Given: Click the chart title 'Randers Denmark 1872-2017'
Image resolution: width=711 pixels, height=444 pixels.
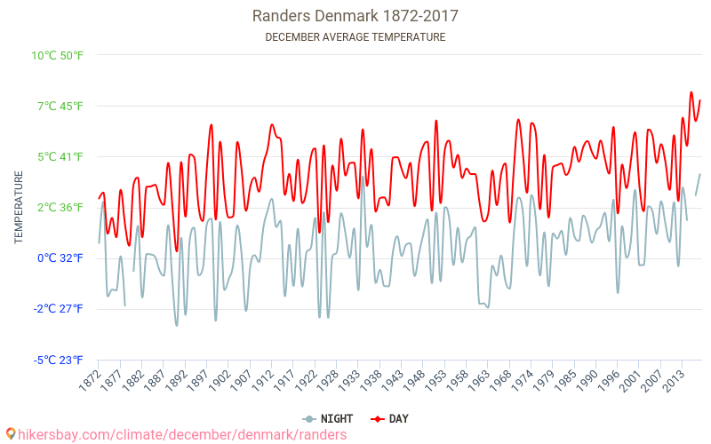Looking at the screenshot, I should coord(355,16).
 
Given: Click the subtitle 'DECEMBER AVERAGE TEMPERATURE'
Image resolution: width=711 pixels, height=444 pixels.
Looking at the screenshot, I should coord(355,37).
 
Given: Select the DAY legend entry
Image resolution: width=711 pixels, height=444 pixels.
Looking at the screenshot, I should coord(390,418).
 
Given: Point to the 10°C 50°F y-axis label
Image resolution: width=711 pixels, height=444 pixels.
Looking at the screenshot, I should coord(58,55).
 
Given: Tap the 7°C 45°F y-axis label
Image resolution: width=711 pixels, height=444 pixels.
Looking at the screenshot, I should coord(60,107).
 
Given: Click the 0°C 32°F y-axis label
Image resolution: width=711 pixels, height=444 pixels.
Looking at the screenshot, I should coord(60,258).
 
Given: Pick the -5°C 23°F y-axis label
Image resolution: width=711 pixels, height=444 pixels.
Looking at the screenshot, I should coord(59,361).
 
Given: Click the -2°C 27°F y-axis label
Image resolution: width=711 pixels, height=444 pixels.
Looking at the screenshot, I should coord(59,309).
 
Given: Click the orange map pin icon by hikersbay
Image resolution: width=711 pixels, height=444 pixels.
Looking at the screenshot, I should coord(11,434).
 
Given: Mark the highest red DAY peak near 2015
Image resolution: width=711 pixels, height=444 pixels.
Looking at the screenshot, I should coord(691,92).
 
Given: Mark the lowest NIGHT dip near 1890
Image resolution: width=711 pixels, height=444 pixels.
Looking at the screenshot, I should coord(176,325).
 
